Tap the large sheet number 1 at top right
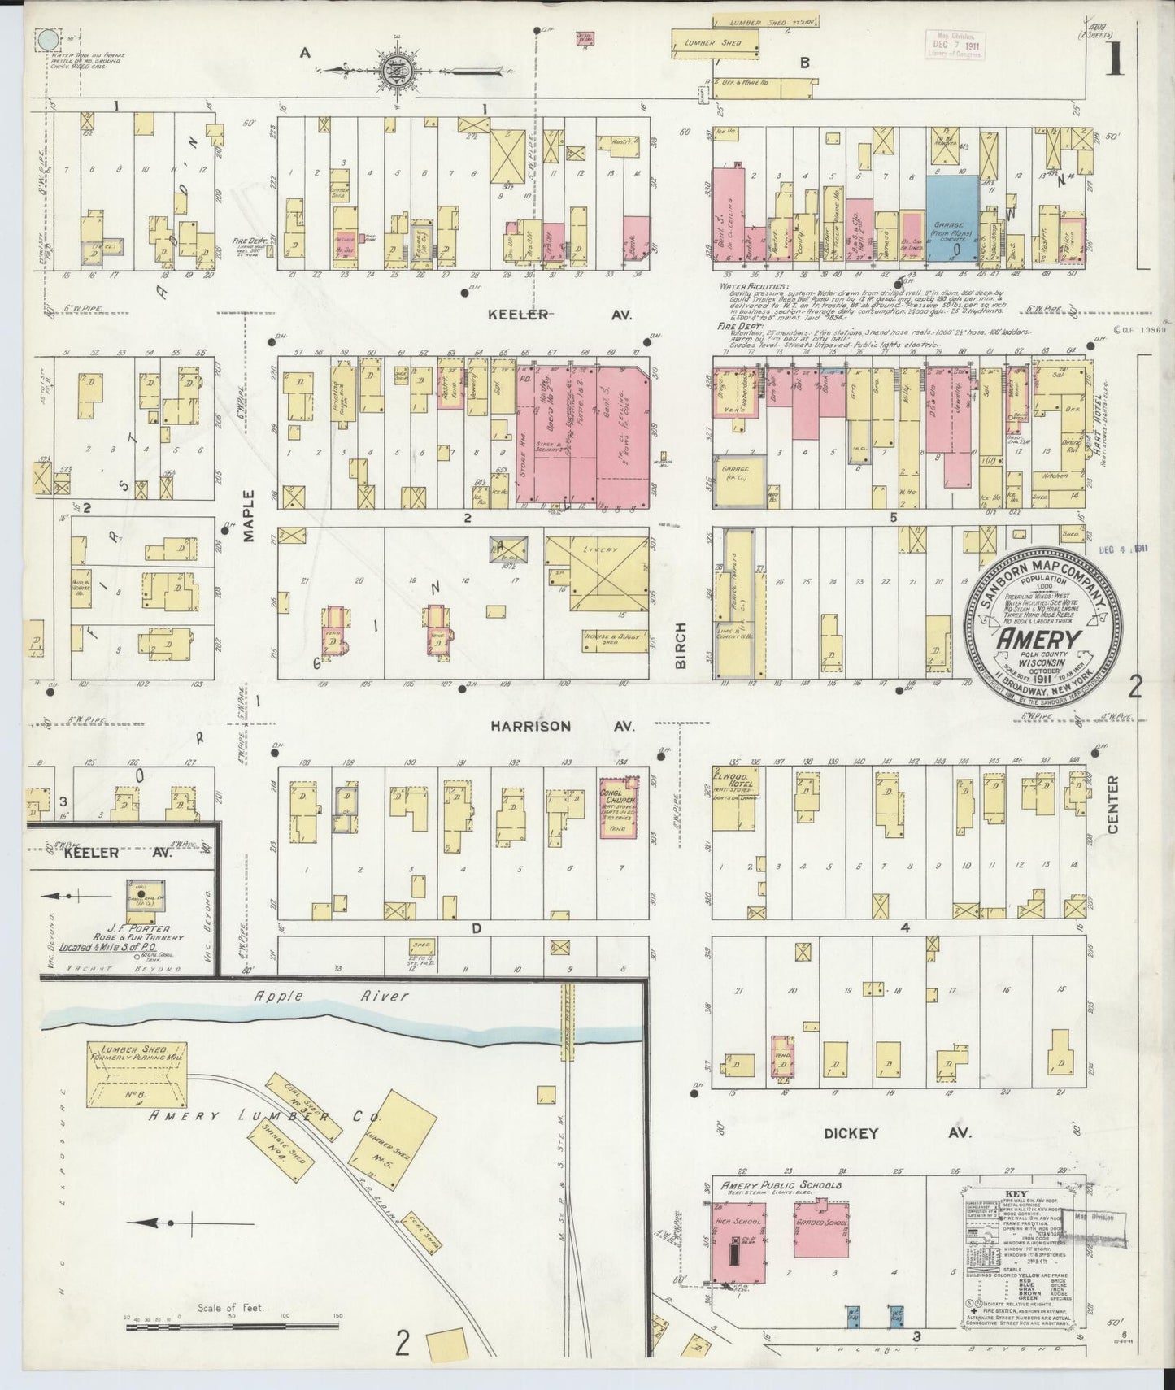(x=1113, y=59)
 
